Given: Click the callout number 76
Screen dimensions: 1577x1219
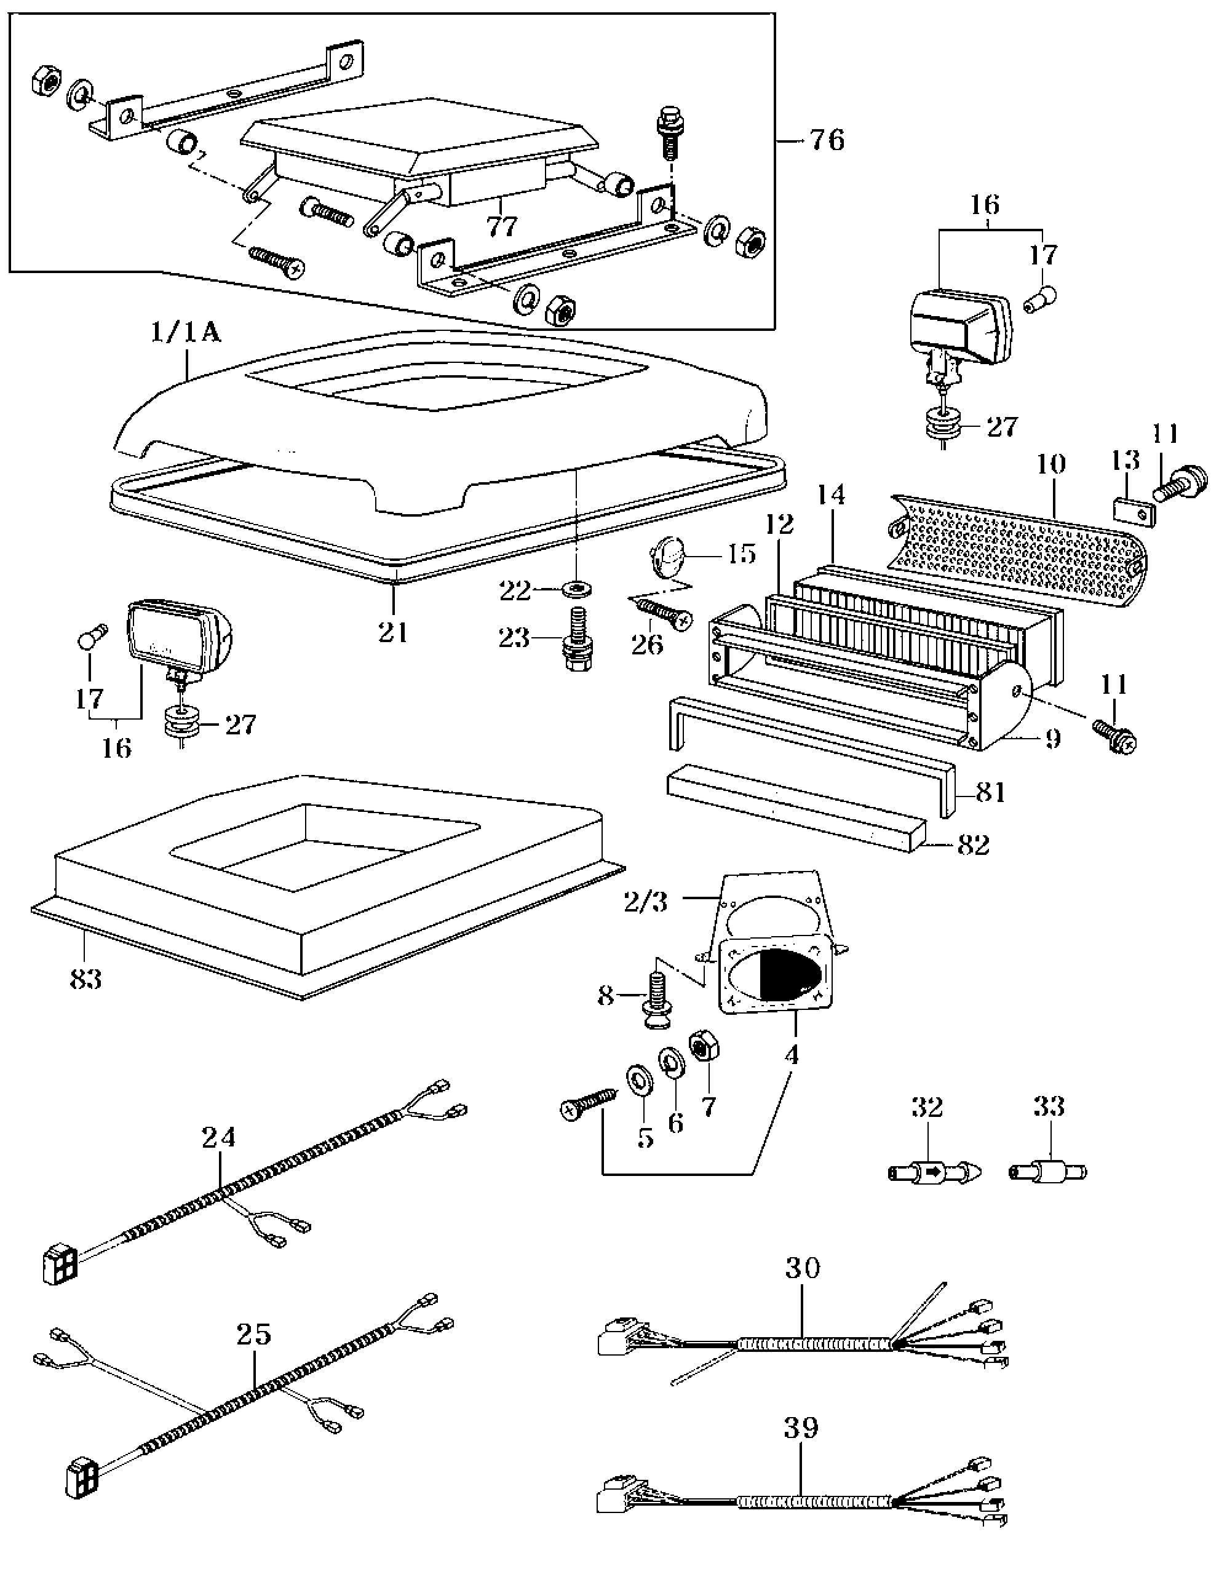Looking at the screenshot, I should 827,140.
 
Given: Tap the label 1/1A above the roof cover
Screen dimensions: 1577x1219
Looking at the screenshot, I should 186,333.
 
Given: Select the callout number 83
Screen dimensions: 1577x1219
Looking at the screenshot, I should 86,980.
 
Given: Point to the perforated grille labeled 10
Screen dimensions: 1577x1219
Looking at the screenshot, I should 1018,550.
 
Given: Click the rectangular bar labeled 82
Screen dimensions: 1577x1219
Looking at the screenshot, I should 795,808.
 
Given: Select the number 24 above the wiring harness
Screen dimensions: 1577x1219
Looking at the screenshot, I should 219,1137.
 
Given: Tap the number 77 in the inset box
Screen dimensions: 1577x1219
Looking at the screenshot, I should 502,226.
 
